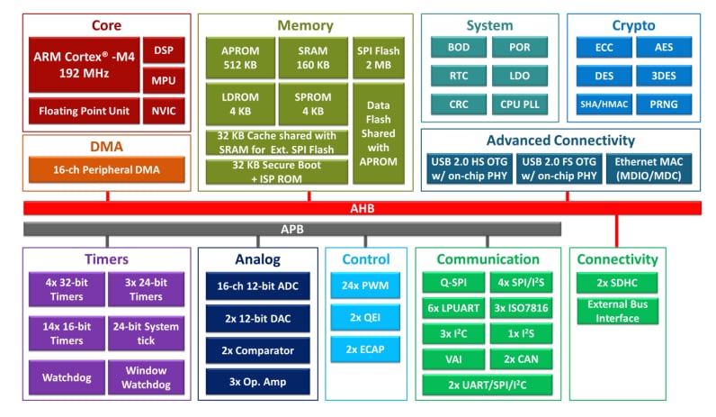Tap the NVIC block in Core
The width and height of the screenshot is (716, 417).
pyautogui.click(x=164, y=112)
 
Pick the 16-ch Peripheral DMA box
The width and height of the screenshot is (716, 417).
pyautogui.click(x=106, y=168)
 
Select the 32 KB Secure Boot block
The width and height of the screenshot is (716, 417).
pyautogui.click(x=277, y=171)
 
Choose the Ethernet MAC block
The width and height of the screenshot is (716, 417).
pyautogui.click(x=655, y=168)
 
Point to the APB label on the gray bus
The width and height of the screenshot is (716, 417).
pyautogui.click(x=292, y=229)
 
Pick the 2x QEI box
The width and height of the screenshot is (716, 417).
pyautogui.click(x=365, y=318)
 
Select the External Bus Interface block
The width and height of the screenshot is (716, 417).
pyautogui.click(x=617, y=311)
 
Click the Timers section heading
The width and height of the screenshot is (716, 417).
pyautogui.click(x=105, y=259)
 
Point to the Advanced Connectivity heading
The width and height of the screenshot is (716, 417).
pyautogui.click(x=559, y=141)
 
